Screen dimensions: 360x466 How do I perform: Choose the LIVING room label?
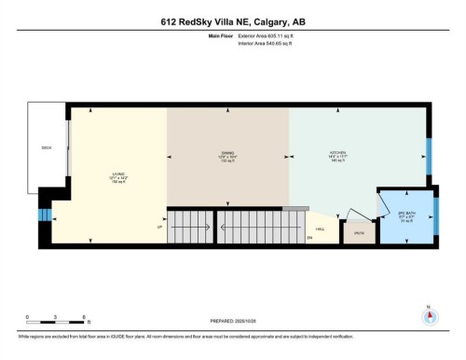[118, 174]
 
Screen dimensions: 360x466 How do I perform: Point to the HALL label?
[320, 228]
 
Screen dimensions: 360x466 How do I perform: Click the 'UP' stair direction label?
[158, 227]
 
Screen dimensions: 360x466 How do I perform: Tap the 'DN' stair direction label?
[310, 239]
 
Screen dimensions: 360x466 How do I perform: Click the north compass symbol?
[429, 315]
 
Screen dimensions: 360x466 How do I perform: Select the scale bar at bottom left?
[57, 323]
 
